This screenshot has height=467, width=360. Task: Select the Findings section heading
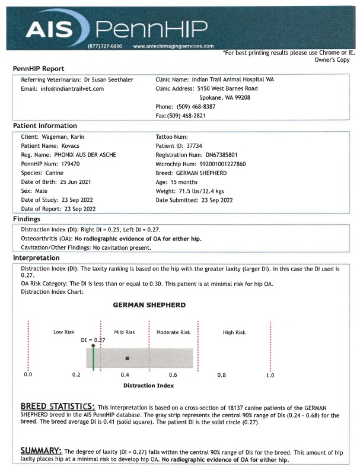tap(27, 219)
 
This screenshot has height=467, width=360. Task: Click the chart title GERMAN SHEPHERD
tap(149, 305)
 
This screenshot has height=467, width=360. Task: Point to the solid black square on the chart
tap(128, 358)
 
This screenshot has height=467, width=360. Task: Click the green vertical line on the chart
tap(93, 358)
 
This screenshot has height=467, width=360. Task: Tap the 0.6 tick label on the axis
tap(173, 375)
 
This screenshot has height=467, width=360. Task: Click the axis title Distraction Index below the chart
tap(148, 386)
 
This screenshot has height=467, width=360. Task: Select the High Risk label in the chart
tap(234, 332)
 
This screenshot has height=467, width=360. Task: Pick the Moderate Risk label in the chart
tap(173, 332)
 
